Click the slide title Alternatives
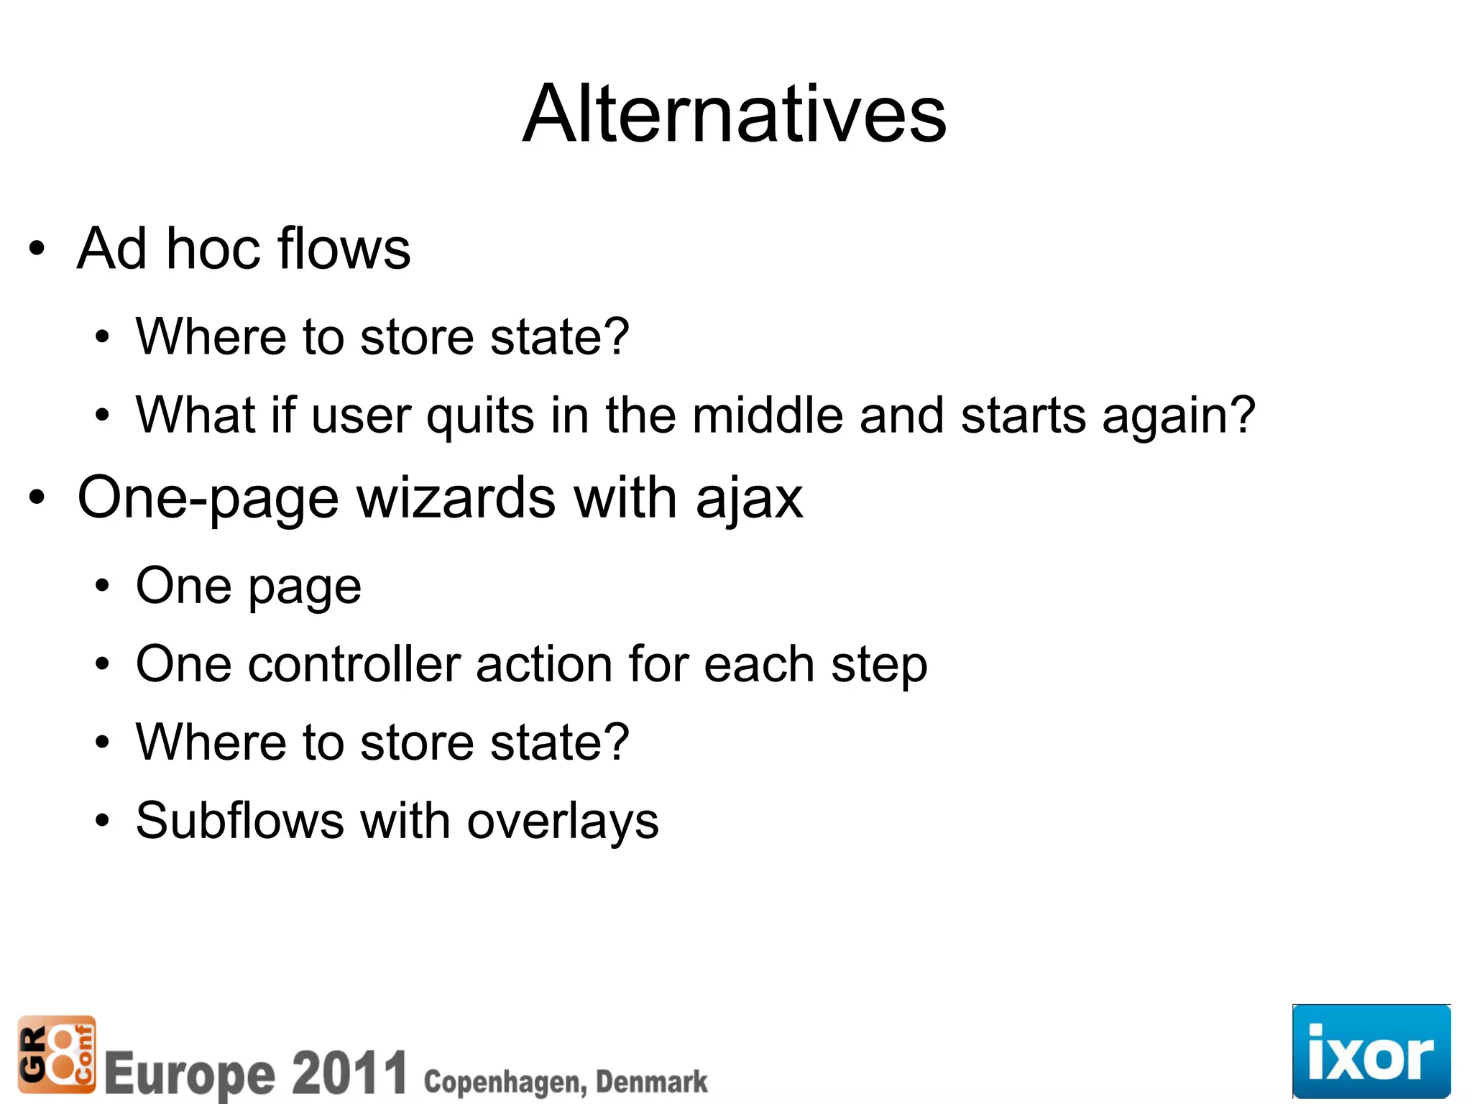click(735, 114)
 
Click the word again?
click(1179, 417)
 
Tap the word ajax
click(749, 499)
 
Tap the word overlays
click(562, 822)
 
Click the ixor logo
click(1371, 1052)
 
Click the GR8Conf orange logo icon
click(56, 1054)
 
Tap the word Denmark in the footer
click(651, 1082)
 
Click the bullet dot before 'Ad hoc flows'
click(37, 249)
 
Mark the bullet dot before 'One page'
click(102, 586)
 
